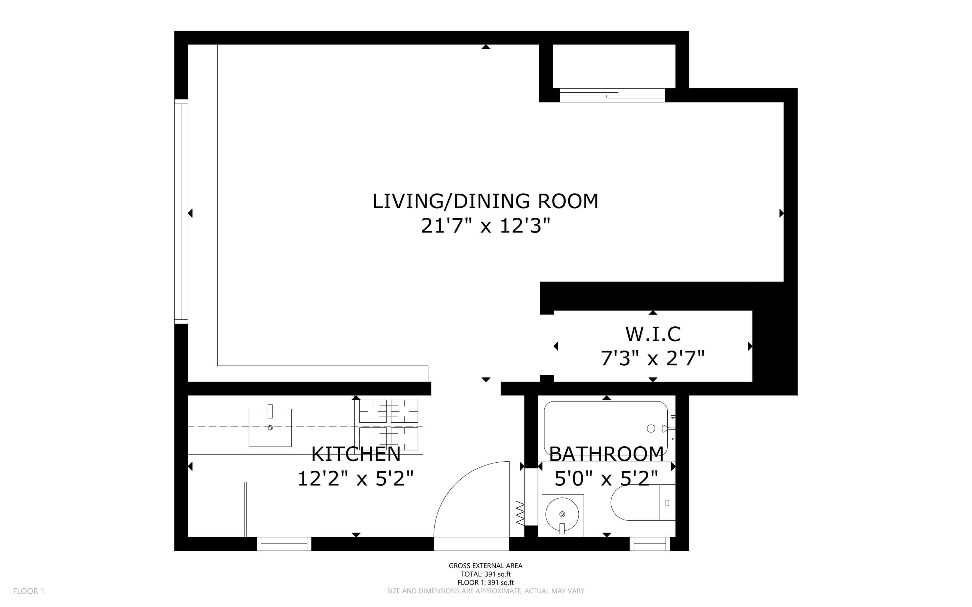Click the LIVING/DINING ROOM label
pos(485,201)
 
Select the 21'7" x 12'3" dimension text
pos(485,226)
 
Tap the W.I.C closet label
pos(653,334)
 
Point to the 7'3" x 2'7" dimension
pos(653,358)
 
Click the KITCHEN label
pos(356,455)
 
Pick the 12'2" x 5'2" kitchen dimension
pos(356,478)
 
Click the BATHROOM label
pos(606,455)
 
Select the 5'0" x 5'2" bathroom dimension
pos(606,478)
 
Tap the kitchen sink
pos(270,427)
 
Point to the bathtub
pos(606,428)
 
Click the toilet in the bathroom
pos(643,503)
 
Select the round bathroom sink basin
pos(562,514)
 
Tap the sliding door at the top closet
pos(612,95)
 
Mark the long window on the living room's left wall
pos(181,211)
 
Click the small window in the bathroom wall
pos(650,544)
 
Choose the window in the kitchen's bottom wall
pos(284,544)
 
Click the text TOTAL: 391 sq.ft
pos(485,574)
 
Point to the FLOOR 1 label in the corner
pos(28,591)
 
